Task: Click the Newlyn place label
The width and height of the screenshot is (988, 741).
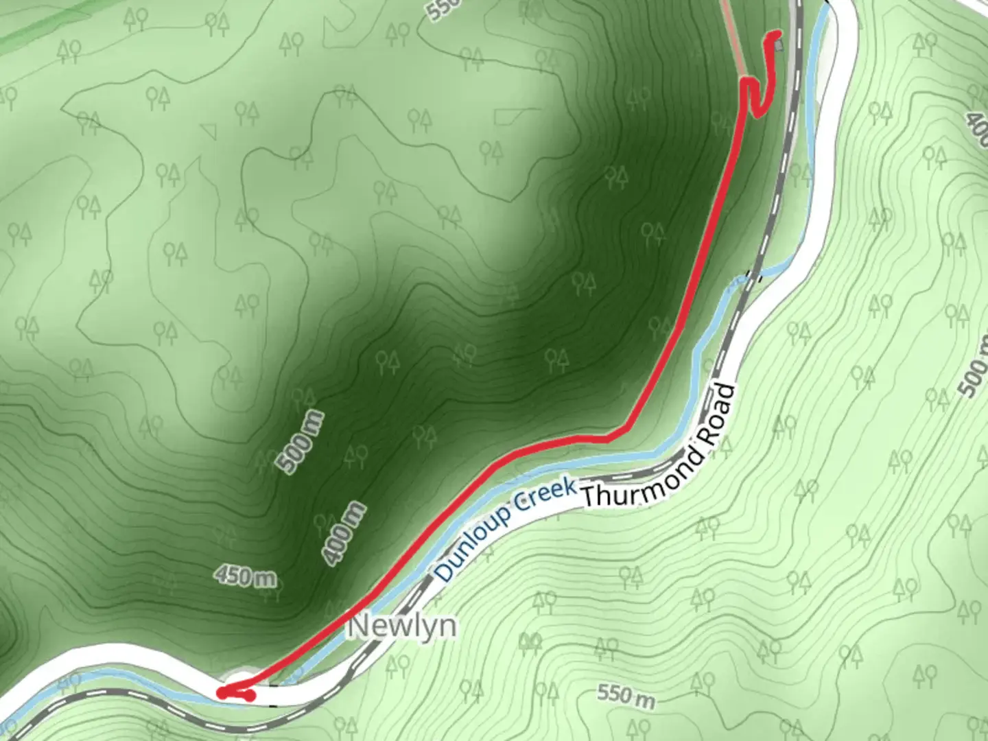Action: (x=403, y=626)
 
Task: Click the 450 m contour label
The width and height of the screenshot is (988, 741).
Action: (x=245, y=576)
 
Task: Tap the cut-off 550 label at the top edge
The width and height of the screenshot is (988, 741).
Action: (x=439, y=8)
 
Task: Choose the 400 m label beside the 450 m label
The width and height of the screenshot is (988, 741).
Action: (x=344, y=534)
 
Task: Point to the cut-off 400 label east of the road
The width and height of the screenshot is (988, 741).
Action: (x=977, y=123)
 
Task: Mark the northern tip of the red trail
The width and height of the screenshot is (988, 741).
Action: (x=778, y=33)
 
